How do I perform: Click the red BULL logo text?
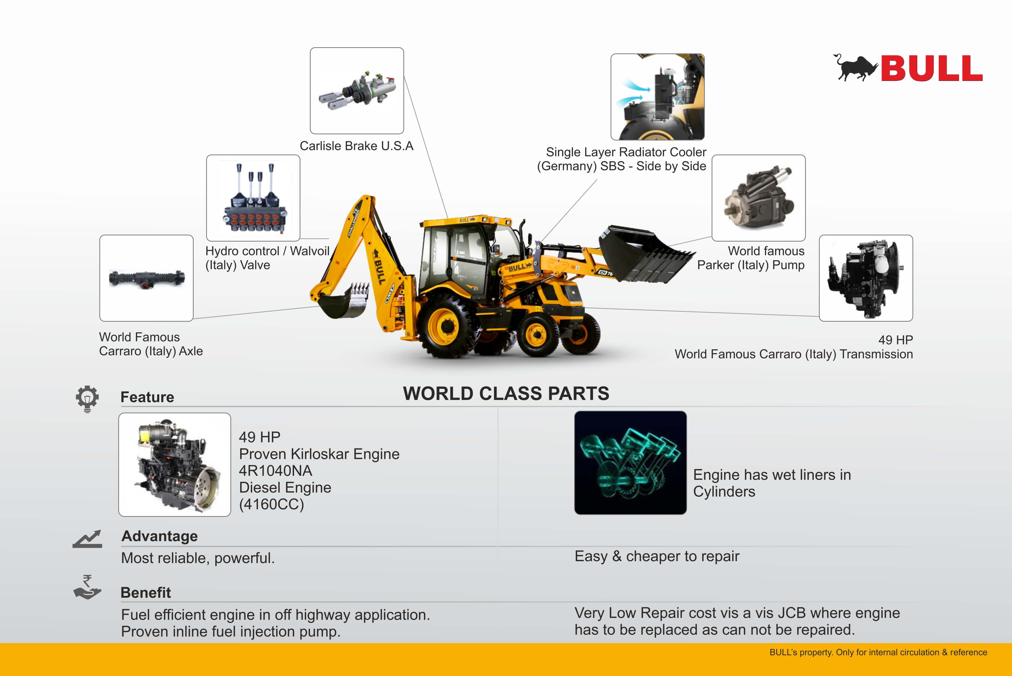(x=931, y=68)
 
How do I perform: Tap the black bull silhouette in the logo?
(x=855, y=68)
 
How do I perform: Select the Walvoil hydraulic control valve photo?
(x=253, y=198)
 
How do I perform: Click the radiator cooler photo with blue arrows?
(x=658, y=97)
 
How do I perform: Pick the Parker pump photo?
(x=758, y=198)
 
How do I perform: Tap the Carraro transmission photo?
(x=866, y=278)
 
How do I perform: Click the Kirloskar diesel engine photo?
(x=175, y=465)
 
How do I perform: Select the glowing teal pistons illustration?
(x=630, y=463)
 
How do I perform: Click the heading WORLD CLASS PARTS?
(x=506, y=394)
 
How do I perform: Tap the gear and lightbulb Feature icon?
(x=87, y=399)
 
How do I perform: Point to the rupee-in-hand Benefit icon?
(x=87, y=587)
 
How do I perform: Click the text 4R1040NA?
(x=276, y=471)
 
